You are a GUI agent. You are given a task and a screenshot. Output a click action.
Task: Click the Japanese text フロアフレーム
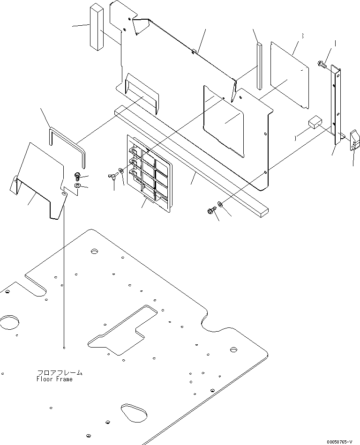59,373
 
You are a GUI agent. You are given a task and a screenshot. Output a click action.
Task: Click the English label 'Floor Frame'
54,379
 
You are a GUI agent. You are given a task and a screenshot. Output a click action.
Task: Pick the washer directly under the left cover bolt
77,186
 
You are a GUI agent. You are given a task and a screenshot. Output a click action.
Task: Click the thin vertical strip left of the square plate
258,66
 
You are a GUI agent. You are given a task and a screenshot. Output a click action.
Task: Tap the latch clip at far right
354,141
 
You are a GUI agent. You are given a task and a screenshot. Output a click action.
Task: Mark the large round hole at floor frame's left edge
9,323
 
